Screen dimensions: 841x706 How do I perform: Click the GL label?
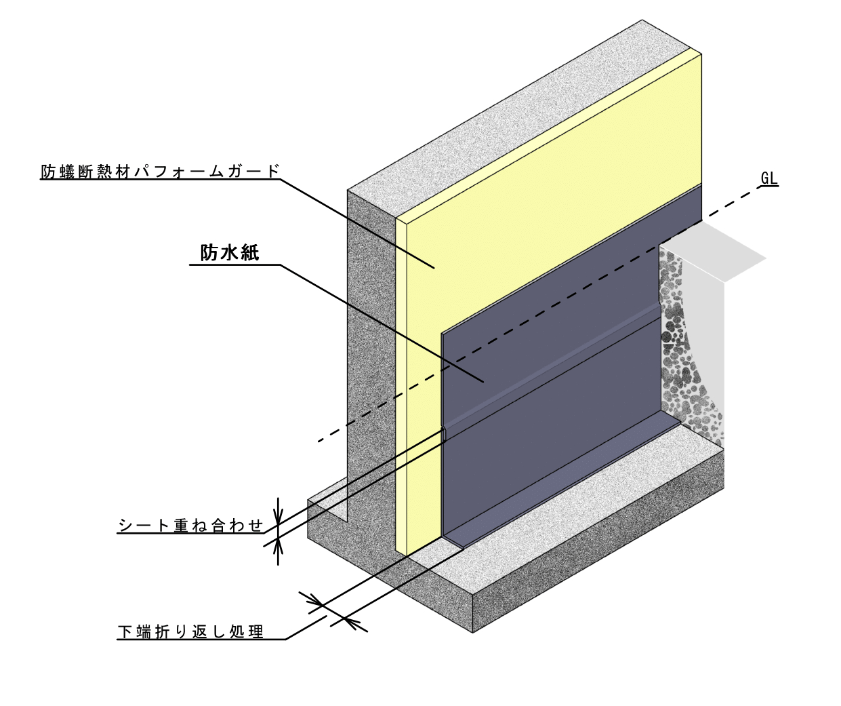pos(769,178)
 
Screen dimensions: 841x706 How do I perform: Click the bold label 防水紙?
pos(230,253)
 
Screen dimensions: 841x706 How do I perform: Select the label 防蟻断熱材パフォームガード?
pos(160,171)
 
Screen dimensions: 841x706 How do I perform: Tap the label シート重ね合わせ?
pos(190,526)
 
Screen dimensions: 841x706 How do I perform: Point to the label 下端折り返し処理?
pos(190,632)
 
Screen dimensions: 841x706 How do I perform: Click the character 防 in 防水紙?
pos(209,253)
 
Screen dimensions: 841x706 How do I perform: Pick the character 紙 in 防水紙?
pos(249,253)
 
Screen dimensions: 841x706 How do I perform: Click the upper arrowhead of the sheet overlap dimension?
pos(278,517)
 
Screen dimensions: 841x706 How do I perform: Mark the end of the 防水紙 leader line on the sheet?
pos(483,381)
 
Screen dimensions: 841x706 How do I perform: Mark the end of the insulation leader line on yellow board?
pos(434,268)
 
